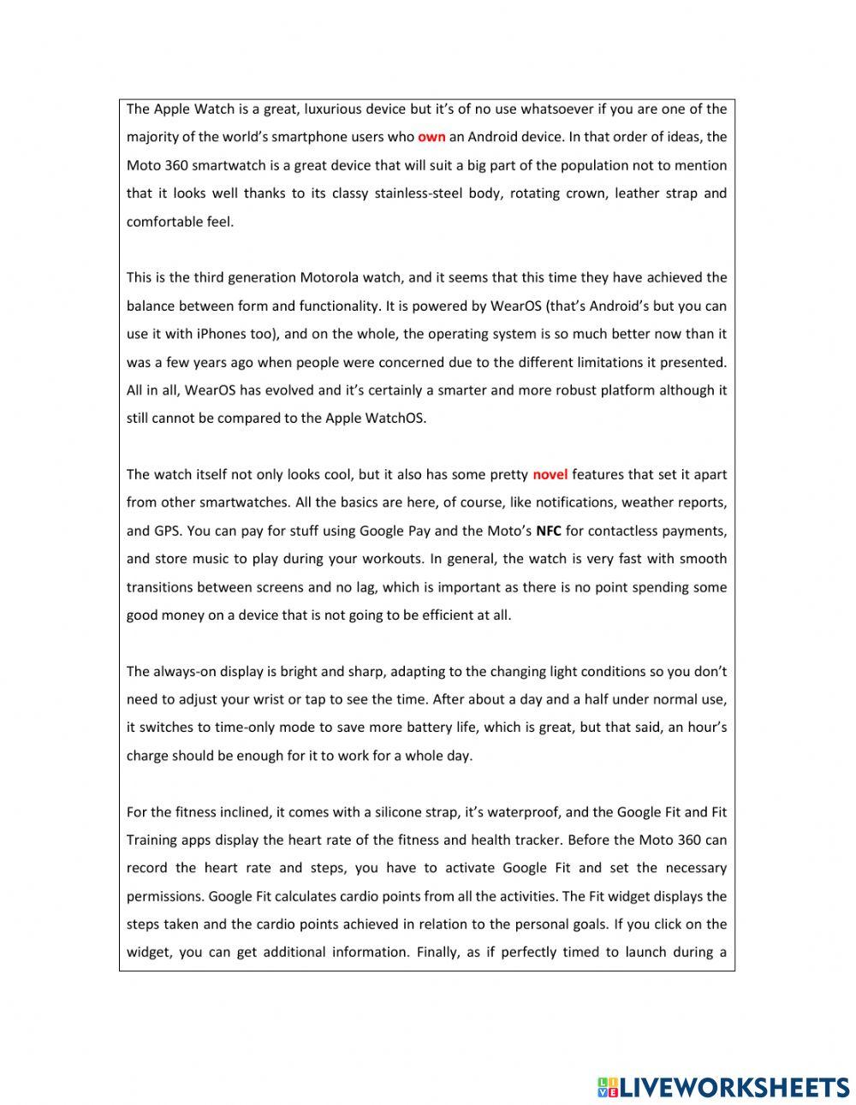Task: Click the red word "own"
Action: click(x=431, y=137)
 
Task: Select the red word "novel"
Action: click(x=550, y=474)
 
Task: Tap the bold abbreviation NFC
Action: click(x=549, y=531)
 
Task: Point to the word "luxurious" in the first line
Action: click(x=322, y=109)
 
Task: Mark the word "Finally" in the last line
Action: click(x=438, y=952)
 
